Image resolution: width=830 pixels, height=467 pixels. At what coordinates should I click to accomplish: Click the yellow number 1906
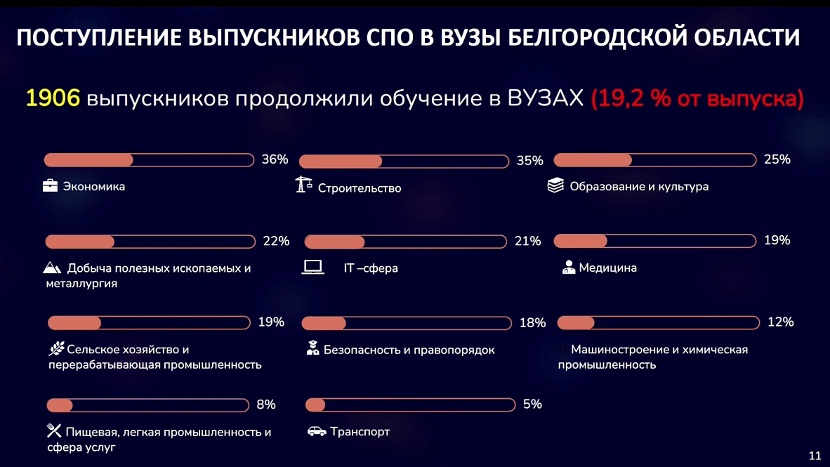point(53,98)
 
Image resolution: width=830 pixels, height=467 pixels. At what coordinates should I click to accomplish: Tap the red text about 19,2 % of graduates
point(697,99)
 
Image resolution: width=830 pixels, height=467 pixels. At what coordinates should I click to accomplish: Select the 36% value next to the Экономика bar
point(275,159)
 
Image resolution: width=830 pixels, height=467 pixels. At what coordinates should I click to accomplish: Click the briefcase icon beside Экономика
point(51,186)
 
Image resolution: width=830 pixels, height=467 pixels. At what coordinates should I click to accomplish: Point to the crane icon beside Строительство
point(304,185)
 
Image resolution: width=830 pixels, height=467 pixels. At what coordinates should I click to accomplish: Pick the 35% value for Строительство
point(530,161)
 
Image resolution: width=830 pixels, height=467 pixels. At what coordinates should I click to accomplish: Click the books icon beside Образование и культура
point(555,186)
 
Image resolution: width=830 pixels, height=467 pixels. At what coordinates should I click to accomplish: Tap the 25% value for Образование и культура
point(777,159)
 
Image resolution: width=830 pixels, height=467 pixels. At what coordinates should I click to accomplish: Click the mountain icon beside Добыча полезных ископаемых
point(53,268)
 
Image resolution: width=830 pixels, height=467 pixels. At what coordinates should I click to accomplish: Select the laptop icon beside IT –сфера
point(312,267)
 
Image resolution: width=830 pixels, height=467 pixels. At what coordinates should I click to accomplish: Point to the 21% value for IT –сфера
point(528,242)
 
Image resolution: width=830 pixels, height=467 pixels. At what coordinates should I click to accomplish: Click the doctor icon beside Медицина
point(569,268)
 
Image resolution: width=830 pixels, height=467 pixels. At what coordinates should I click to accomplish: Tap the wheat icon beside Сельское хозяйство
point(56,348)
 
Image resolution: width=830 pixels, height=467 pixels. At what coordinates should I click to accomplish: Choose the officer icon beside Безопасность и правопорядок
point(313,348)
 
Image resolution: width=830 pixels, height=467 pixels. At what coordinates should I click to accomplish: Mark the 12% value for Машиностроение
point(781,322)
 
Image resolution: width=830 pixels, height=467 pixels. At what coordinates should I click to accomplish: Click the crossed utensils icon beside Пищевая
point(54,430)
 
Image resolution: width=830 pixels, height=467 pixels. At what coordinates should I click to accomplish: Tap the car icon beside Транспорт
point(317,431)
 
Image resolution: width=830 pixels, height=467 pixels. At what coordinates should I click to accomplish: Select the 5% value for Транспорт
point(532,404)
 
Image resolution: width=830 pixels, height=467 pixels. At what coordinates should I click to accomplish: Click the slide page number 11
point(815,454)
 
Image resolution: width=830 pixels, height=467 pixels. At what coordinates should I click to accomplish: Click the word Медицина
point(607,268)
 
